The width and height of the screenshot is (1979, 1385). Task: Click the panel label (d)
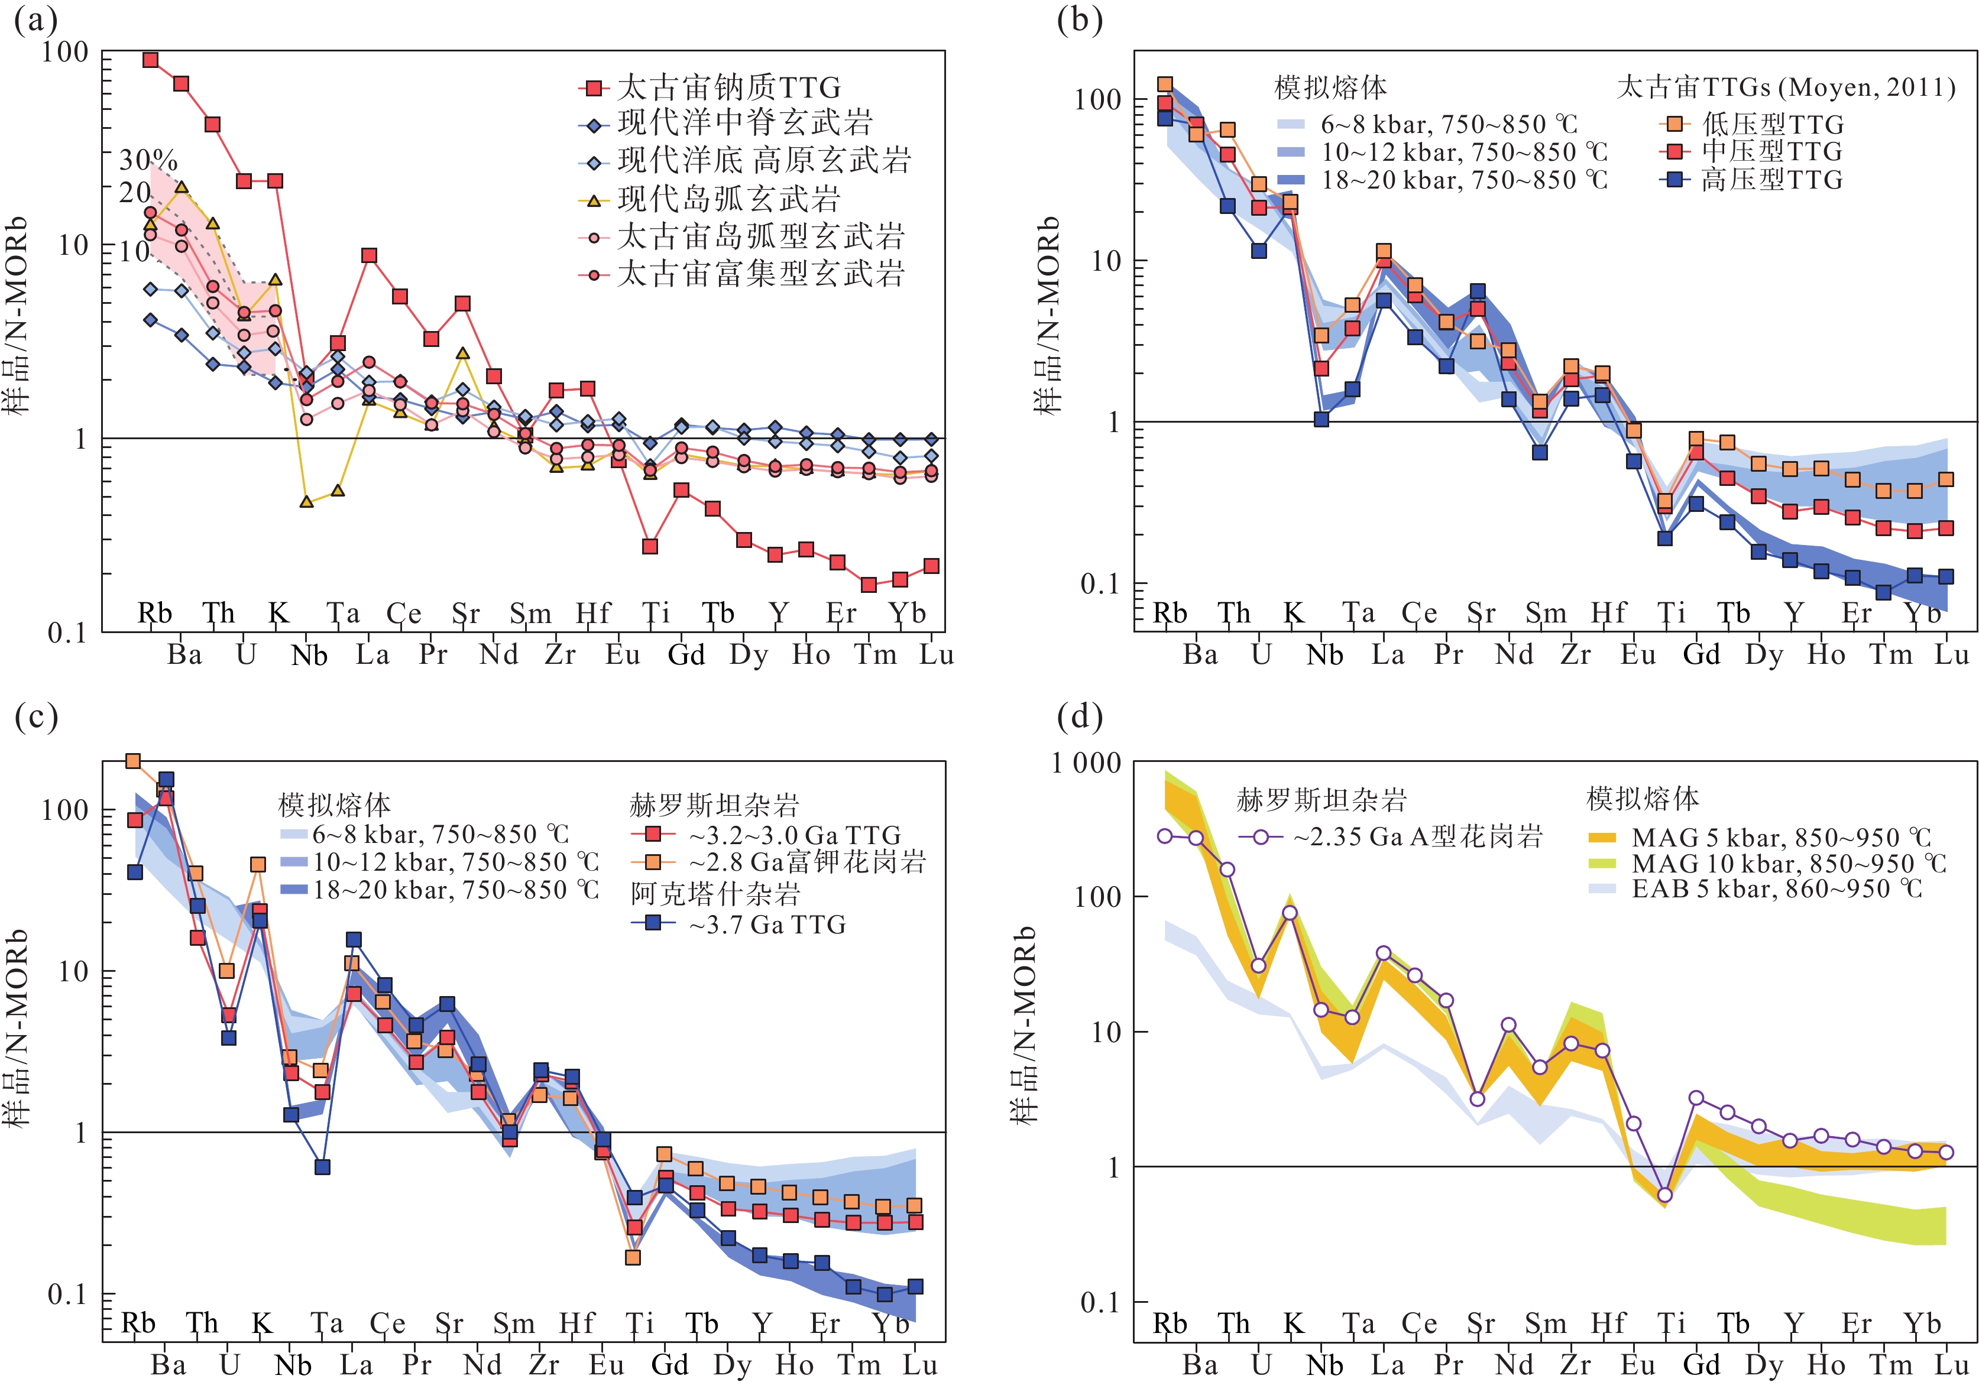click(x=1079, y=716)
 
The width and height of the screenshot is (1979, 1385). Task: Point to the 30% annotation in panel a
click(x=148, y=160)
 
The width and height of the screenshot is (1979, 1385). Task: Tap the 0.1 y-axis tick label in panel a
click(x=67, y=634)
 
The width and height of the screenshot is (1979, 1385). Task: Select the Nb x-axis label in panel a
click(x=309, y=656)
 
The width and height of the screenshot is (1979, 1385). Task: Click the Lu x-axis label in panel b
click(x=1951, y=655)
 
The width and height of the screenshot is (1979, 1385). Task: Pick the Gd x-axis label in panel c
click(x=670, y=1365)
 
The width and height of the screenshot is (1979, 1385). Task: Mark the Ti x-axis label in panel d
click(x=1672, y=1324)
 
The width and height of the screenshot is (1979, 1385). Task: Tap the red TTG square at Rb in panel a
click(x=150, y=60)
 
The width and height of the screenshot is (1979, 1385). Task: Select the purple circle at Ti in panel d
click(x=1665, y=1195)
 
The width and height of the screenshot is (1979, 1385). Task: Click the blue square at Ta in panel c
click(x=322, y=1167)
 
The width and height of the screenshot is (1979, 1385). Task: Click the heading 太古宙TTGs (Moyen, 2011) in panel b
click(x=1785, y=87)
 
